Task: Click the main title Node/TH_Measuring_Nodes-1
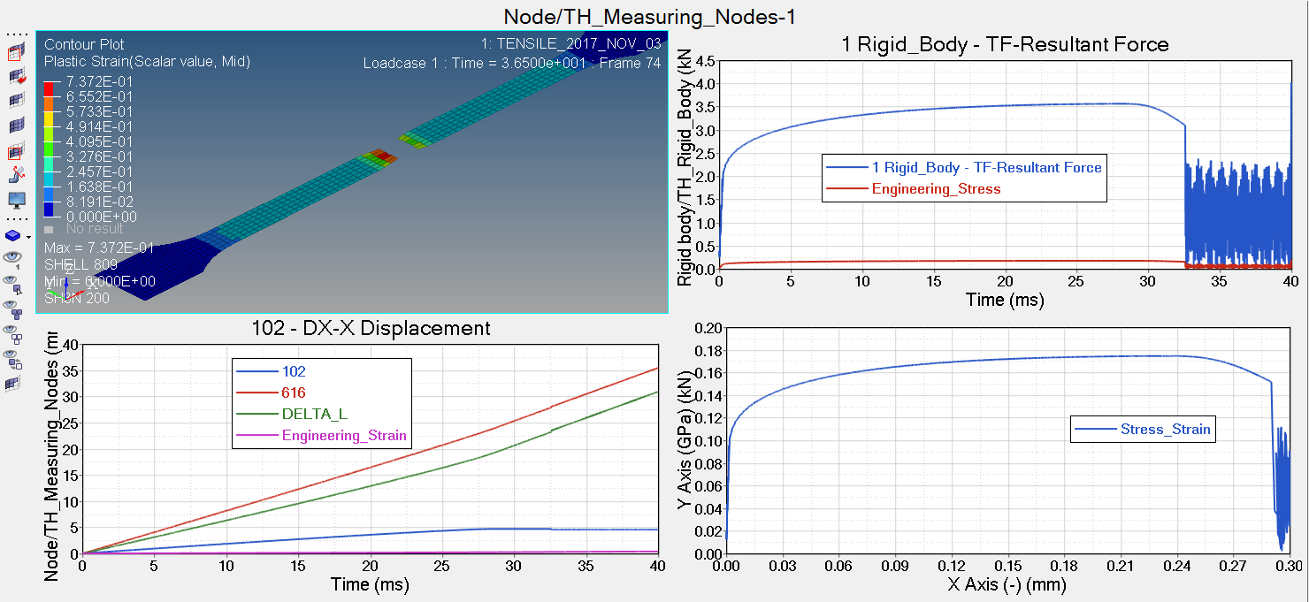[x=655, y=17]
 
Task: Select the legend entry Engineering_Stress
[x=936, y=188]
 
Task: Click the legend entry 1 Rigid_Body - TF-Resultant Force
[x=986, y=167]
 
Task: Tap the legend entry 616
[x=294, y=392]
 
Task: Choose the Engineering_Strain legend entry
[x=344, y=435]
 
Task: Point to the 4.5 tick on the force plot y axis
[x=706, y=62]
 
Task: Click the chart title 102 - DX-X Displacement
[x=370, y=329]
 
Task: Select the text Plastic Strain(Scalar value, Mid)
[x=147, y=62]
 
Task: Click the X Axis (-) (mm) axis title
[x=1007, y=584]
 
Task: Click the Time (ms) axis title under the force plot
[x=1005, y=300]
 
